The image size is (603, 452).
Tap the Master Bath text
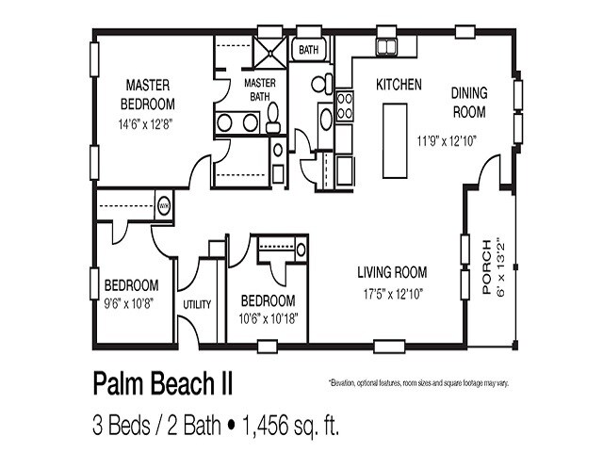tap(259, 89)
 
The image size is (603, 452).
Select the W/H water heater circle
tap(163, 202)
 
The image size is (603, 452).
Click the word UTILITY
tap(197, 304)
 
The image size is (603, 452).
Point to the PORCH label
tap(486, 268)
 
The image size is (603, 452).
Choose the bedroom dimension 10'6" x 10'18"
tap(268, 317)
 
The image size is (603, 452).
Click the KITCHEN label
tap(399, 84)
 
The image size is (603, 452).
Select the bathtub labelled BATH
tap(307, 48)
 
